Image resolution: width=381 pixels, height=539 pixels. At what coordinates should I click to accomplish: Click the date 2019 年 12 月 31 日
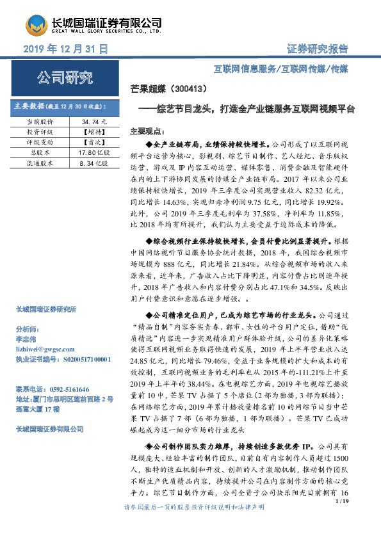[66, 49]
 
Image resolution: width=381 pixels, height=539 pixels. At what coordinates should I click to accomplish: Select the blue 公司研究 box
[64, 79]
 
